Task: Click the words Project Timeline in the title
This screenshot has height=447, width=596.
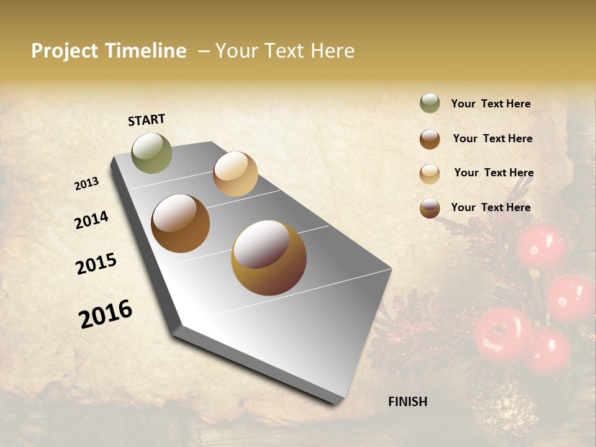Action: (x=109, y=51)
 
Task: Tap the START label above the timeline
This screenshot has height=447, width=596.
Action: (x=147, y=120)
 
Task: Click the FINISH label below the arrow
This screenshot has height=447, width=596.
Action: (x=407, y=402)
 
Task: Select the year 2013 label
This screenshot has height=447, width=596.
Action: (x=87, y=184)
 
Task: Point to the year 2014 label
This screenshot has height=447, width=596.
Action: (x=91, y=220)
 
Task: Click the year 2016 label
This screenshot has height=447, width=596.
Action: (x=106, y=314)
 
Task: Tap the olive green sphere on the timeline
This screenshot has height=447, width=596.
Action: (x=151, y=153)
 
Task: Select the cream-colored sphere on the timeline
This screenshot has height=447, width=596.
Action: (x=235, y=174)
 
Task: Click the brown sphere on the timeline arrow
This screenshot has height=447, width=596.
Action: (x=181, y=223)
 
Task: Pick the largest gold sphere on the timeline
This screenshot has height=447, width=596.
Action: (x=269, y=258)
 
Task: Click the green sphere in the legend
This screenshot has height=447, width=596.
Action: (x=430, y=103)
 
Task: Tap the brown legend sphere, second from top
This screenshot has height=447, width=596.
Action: (x=430, y=139)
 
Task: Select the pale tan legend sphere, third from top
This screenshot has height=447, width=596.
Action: (x=430, y=174)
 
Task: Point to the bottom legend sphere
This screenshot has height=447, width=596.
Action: (x=430, y=208)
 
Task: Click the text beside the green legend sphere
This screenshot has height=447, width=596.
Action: (x=490, y=104)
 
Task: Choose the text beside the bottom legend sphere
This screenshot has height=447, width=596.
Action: (x=490, y=207)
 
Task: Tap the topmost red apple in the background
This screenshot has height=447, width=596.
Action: (x=541, y=246)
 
